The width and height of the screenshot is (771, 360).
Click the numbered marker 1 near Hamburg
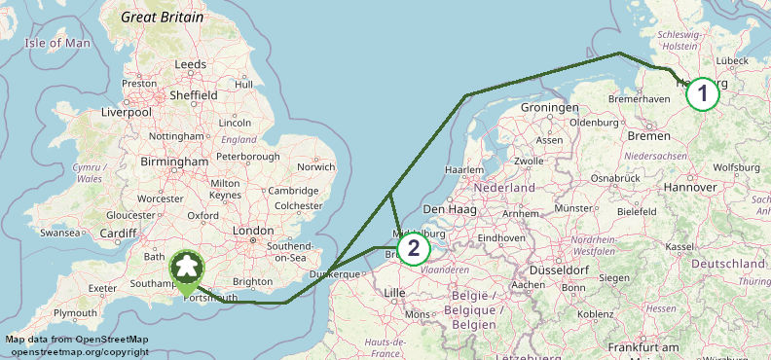(702, 94)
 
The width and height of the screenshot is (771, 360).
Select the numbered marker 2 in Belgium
(413, 248)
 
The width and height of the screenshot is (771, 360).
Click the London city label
(254, 231)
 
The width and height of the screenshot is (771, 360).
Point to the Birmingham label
(174, 162)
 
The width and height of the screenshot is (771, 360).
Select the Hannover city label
(689, 186)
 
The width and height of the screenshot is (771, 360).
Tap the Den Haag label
(447, 209)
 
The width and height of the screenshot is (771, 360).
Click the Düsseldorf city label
(556, 270)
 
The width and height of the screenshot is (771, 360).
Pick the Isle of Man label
(56, 43)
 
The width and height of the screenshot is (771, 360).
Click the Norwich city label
(316, 166)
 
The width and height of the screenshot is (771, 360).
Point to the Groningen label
(551, 107)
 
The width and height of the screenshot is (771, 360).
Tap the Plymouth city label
(75, 313)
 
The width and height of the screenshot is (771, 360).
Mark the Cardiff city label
(118, 233)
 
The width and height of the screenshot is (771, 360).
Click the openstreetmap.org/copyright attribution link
(77, 351)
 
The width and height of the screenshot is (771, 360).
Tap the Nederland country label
(505, 187)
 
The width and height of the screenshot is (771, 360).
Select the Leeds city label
(189, 64)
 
